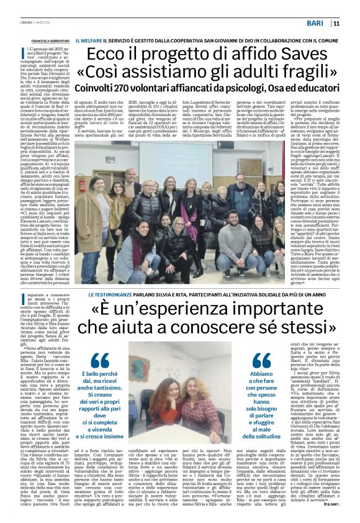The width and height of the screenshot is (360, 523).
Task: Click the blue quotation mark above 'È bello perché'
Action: (99, 359)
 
